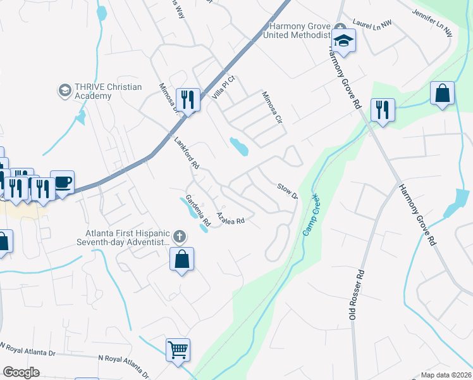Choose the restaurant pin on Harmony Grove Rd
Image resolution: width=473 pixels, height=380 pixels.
(383, 110)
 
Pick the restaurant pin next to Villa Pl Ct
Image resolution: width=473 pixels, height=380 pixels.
(188, 99)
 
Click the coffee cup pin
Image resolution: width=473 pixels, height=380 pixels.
(62, 182)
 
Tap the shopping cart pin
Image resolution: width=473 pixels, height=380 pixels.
(178, 350)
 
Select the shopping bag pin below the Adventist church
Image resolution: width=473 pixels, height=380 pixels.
(181, 260)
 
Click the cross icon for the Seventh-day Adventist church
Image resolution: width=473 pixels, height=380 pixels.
(180, 237)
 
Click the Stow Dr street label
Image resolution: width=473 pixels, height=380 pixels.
(287, 191)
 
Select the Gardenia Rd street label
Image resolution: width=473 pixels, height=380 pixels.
(197, 210)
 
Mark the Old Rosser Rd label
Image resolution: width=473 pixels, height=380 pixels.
(357, 295)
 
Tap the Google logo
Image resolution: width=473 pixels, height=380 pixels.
(21, 372)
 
